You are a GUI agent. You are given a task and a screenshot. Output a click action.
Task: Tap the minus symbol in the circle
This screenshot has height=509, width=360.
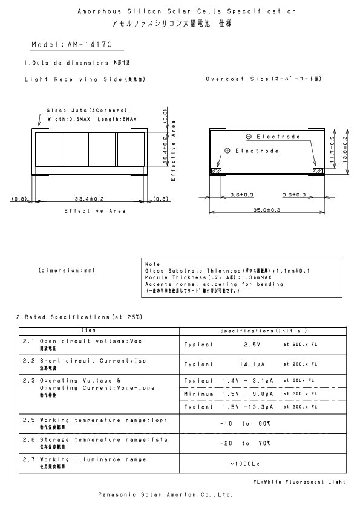249,137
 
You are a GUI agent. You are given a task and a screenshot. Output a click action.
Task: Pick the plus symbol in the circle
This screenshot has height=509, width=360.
227,150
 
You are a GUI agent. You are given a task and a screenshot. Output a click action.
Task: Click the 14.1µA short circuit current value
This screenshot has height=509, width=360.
252,365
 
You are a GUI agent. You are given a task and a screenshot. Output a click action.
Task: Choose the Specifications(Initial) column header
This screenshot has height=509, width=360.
264,331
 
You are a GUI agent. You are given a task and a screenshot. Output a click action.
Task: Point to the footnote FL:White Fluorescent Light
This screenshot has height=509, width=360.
299,481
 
